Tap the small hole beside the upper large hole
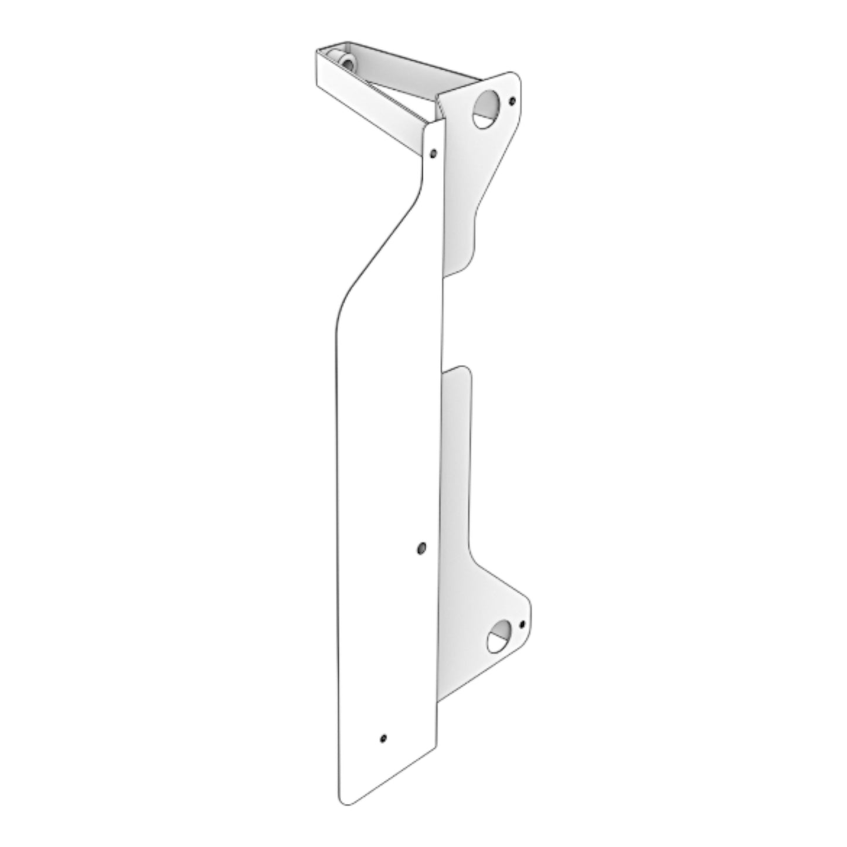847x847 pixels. point(513,101)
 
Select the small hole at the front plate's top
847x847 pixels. point(433,154)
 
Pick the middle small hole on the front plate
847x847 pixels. point(420,547)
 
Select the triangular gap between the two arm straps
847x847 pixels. point(404,97)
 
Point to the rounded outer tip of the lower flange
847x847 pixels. point(528,610)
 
